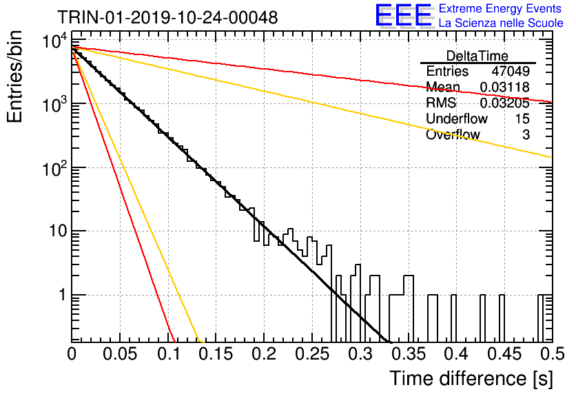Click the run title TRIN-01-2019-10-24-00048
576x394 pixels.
(167, 17)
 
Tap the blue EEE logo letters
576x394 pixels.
(403, 15)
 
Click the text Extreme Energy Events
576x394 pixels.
(500, 8)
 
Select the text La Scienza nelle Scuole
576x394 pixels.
(501, 23)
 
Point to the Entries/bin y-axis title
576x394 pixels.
(14, 77)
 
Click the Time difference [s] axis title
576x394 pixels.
(471, 378)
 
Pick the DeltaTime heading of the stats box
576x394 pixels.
(477, 56)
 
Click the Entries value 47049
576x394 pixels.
(511, 71)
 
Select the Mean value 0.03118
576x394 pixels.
(505, 87)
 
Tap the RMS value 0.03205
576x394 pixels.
(505, 103)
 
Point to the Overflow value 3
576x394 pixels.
(526, 135)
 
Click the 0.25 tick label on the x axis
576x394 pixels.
(313, 354)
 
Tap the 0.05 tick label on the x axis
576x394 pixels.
(120, 354)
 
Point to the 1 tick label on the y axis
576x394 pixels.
(63, 295)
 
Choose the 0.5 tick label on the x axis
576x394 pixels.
(553, 354)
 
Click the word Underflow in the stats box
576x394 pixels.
(457, 118)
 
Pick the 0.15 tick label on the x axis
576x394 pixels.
(216, 354)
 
